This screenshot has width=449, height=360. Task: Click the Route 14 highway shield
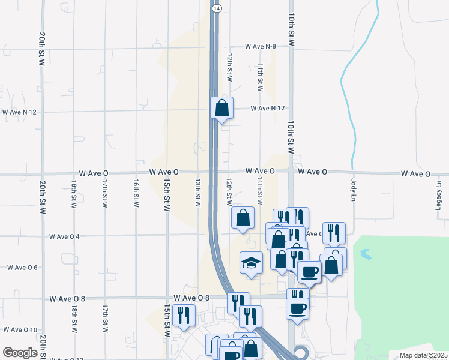217,8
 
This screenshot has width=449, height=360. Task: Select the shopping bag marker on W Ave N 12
221,108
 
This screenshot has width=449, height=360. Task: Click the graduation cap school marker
252,263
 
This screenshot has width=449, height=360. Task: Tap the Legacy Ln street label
439,197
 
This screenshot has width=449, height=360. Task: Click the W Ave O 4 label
64,236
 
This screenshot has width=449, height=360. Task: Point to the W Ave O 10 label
21,329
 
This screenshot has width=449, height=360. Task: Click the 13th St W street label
197,192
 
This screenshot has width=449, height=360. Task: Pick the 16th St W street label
136,193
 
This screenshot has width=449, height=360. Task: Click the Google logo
20,352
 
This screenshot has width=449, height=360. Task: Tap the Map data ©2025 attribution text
423,355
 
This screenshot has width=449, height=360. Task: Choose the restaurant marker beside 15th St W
183,314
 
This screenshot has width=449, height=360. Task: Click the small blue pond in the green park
366,255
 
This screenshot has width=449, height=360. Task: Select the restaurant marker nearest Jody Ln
334,232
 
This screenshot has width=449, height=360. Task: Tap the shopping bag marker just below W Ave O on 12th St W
243,219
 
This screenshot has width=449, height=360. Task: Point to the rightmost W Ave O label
415,174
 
